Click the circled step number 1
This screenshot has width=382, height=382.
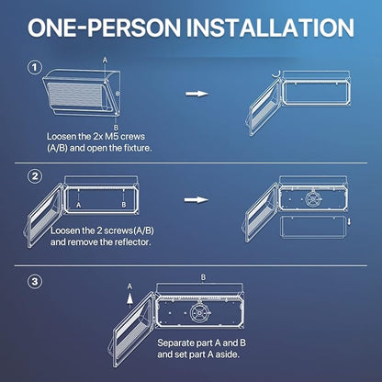pos(35,67)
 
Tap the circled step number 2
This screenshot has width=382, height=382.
pos(35,176)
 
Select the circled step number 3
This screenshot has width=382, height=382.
pos(35,281)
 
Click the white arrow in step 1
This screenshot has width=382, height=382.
pos(197,94)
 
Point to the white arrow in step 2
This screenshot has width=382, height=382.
pos(197,200)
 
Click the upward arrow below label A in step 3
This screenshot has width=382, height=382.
pos(129,298)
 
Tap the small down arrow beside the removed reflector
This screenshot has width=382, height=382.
pos(349,221)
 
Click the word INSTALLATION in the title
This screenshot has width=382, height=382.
pos(270,28)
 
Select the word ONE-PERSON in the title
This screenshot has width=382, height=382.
pos(104,28)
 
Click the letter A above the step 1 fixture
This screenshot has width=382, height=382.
pos(105,61)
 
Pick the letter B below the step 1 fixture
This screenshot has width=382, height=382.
pos(116,128)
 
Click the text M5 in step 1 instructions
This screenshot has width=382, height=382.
pos(111,136)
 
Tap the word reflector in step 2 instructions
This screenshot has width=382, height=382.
pos(133,242)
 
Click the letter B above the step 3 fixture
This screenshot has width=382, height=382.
pos(203,277)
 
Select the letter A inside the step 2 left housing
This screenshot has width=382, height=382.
pos(79,205)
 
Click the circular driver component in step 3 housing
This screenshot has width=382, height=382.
pos(199,313)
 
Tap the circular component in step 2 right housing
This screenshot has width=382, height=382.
pos(313,199)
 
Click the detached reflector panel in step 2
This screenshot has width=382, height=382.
pos(314,227)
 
